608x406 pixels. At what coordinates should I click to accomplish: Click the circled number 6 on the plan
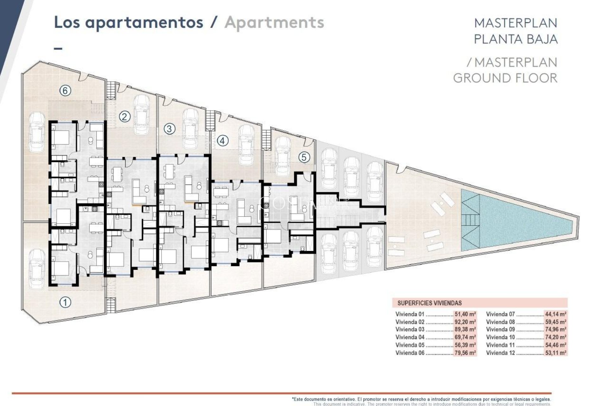click(x=65, y=91)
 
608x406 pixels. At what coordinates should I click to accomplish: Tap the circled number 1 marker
click(x=65, y=302)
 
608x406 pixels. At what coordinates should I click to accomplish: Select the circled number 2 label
click(x=125, y=117)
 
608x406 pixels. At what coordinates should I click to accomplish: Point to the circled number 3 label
click(x=169, y=129)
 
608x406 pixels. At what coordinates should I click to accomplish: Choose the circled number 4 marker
click(x=223, y=141)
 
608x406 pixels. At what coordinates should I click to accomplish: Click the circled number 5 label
click(x=304, y=157)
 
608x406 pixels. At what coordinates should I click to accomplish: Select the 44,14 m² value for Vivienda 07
click(x=555, y=314)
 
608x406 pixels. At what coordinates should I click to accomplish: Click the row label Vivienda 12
click(x=500, y=353)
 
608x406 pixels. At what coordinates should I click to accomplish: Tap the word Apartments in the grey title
click(x=274, y=23)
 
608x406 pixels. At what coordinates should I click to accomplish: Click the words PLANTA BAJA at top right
click(x=516, y=39)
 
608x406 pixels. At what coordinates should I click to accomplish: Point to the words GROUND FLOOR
click(x=505, y=78)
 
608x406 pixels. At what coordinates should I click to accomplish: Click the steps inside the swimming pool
click(x=470, y=219)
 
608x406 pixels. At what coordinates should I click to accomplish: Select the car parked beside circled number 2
click(x=142, y=115)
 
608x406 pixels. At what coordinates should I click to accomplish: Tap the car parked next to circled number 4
click(x=246, y=145)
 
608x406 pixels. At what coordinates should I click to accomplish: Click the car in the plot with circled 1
click(x=37, y=269)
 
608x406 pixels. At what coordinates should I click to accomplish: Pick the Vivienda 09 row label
click(x=500, y=330)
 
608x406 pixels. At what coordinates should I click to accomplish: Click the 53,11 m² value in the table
click(x=555, y=353)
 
